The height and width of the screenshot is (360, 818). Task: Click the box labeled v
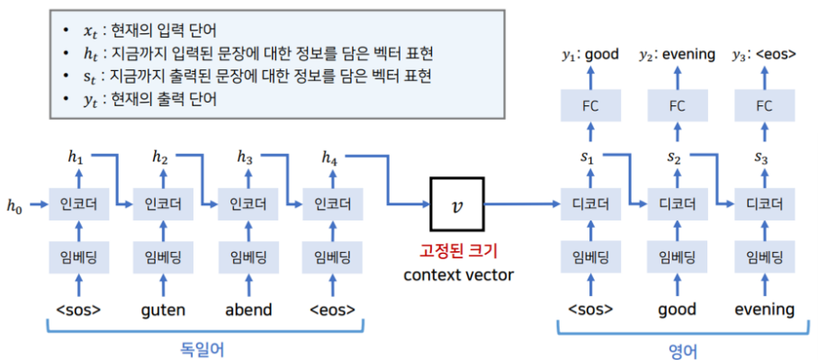458,203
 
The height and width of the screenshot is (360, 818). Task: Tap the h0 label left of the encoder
13,206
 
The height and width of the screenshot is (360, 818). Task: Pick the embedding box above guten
163,257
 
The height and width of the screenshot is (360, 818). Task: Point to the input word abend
247,310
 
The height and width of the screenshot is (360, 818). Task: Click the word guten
163,310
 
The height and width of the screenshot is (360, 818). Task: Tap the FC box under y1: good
590,106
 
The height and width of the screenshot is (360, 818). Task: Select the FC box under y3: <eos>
764,106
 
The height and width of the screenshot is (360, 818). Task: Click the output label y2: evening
678,55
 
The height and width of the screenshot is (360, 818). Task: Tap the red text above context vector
459,249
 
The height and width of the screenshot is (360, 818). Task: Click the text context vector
459,274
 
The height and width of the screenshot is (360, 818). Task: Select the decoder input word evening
764,310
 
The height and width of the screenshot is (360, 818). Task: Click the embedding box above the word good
677,257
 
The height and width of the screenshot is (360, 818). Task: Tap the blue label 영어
677,349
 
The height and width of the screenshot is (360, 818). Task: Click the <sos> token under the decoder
590,310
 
